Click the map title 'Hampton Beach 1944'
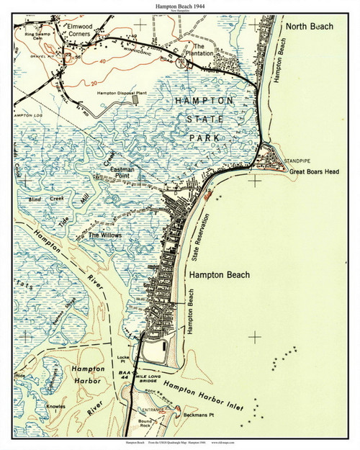(180, 6)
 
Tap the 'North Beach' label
(310, 26)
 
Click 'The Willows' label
(105, 235)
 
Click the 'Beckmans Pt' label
(203, 418)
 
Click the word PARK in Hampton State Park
(210, 136)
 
